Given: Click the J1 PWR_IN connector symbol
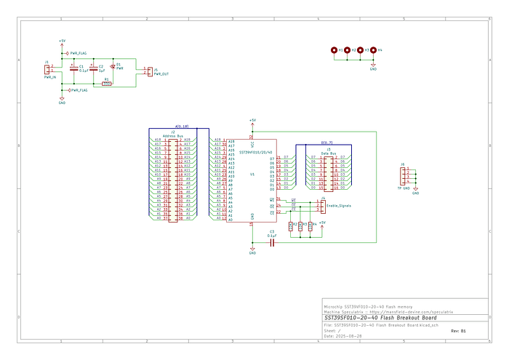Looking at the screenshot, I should (x=49, y=69).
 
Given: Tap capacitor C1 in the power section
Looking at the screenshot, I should (x=73, y=69).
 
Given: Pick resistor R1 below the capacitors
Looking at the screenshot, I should (x=106, y=83).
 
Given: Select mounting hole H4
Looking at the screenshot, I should (x=374, y=50).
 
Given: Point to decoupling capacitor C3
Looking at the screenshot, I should (x=271, y=243).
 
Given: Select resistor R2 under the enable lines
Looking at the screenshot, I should (x=292, y=226).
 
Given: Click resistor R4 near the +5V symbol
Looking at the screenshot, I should (x=310, y=226).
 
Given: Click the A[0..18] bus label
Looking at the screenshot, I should (x=183, y=127).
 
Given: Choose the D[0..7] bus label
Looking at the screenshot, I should (x=326, y=143).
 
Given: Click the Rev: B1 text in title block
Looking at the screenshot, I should (x=458, y=331).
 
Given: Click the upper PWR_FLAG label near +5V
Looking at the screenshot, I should (x=79, y=53).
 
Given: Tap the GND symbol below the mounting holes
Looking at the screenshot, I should (x=373, y=69).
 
